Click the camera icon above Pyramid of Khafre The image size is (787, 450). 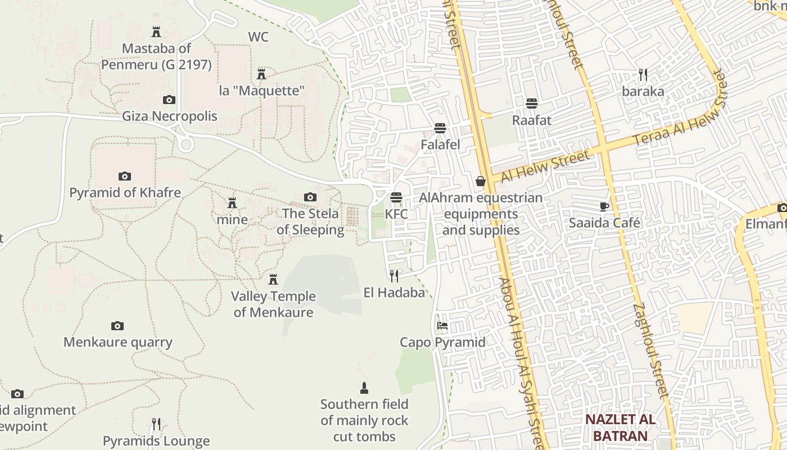(x=125, y=176)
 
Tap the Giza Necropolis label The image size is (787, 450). (x=170, y=116)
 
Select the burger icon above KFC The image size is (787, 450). (x=396, y=197)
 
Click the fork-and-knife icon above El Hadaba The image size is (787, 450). (x=394, y=276)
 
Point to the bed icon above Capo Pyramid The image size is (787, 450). (x=442, y=325)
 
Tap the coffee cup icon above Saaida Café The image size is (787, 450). (x=604, y=206)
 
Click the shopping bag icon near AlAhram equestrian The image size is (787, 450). (x=481, y=181)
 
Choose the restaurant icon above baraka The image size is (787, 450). (x=643, y=74)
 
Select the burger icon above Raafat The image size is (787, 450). (x=532, y=103)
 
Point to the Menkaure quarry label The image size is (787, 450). (x=118, y=342)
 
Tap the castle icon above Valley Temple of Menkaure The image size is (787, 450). (x=273, y=280)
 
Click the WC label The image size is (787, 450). (x=259, y=37)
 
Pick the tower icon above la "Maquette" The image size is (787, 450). (x=261, y=74)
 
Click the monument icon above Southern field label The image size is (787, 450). (x=364, y=388)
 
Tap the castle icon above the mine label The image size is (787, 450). (x=232, y=203)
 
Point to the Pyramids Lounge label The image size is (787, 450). (x=156, y=441)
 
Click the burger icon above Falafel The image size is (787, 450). (x=440, y=128)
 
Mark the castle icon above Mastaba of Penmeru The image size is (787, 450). (x=156, y=32)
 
